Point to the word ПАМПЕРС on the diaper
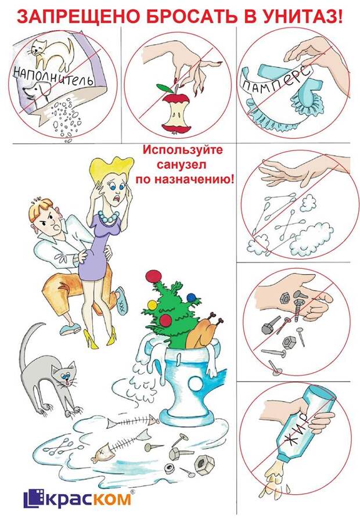pos(277,78)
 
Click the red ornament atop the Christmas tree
pos(153,276)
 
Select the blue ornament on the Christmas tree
pos(192,298)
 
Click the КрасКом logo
pos(78,498)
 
